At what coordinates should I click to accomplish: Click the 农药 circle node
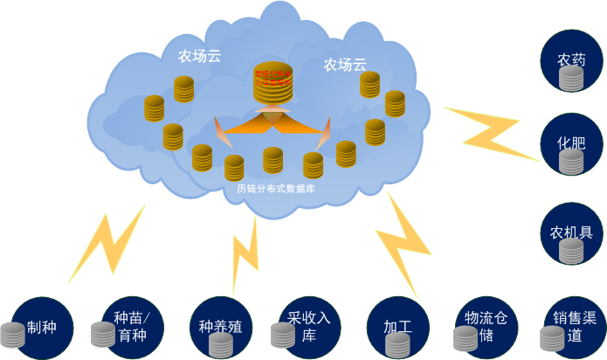[572, 61]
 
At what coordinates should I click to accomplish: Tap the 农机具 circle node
[572, 233]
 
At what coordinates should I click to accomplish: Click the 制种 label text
[42, 328]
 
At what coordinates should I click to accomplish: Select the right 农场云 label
[344, 64]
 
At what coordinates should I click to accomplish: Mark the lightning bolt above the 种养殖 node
[245, 253]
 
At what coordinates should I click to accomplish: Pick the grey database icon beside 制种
[13, 335]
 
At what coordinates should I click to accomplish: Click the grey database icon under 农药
[571, 79]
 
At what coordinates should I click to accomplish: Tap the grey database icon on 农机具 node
[571, 250]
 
